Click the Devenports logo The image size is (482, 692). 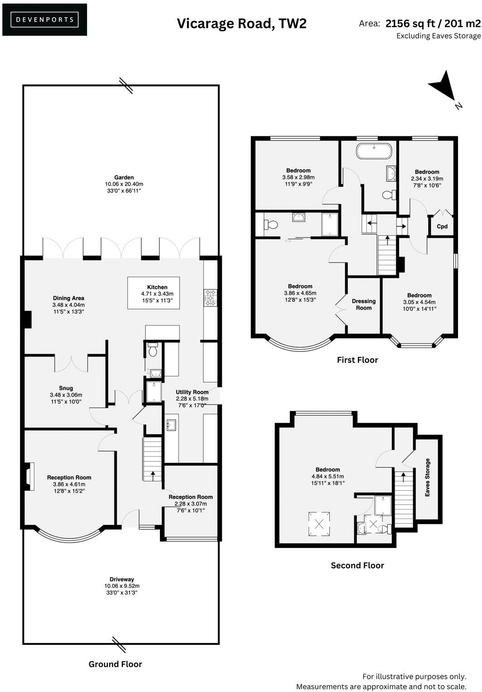tap(44, 19)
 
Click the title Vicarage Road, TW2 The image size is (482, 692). tap(241, 24)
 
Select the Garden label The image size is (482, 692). tap(124, 178)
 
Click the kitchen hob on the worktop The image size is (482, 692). tap(210, 298)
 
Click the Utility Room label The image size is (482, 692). tap(192, 392)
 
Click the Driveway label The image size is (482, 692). tap(122, 579)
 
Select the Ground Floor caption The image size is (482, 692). tap(115, 664)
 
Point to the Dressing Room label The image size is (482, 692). tap(364, 304)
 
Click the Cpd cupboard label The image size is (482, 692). tap(442, 226)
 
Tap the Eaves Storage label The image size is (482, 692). tap(427, 478)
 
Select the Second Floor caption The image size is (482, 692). tap(357, 565)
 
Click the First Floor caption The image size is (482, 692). tap(357, 360)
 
